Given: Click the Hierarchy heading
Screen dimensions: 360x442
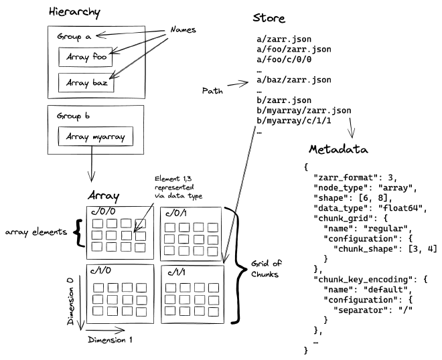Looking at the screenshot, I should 75,12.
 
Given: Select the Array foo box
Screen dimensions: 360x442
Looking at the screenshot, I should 86,58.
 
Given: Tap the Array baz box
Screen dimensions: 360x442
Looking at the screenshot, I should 86,85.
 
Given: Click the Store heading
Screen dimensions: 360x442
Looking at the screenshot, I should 270,18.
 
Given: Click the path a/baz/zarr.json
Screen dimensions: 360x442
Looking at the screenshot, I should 293,80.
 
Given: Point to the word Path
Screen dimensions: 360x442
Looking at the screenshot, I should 212,90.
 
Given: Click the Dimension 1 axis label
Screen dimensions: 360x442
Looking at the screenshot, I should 110,340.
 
